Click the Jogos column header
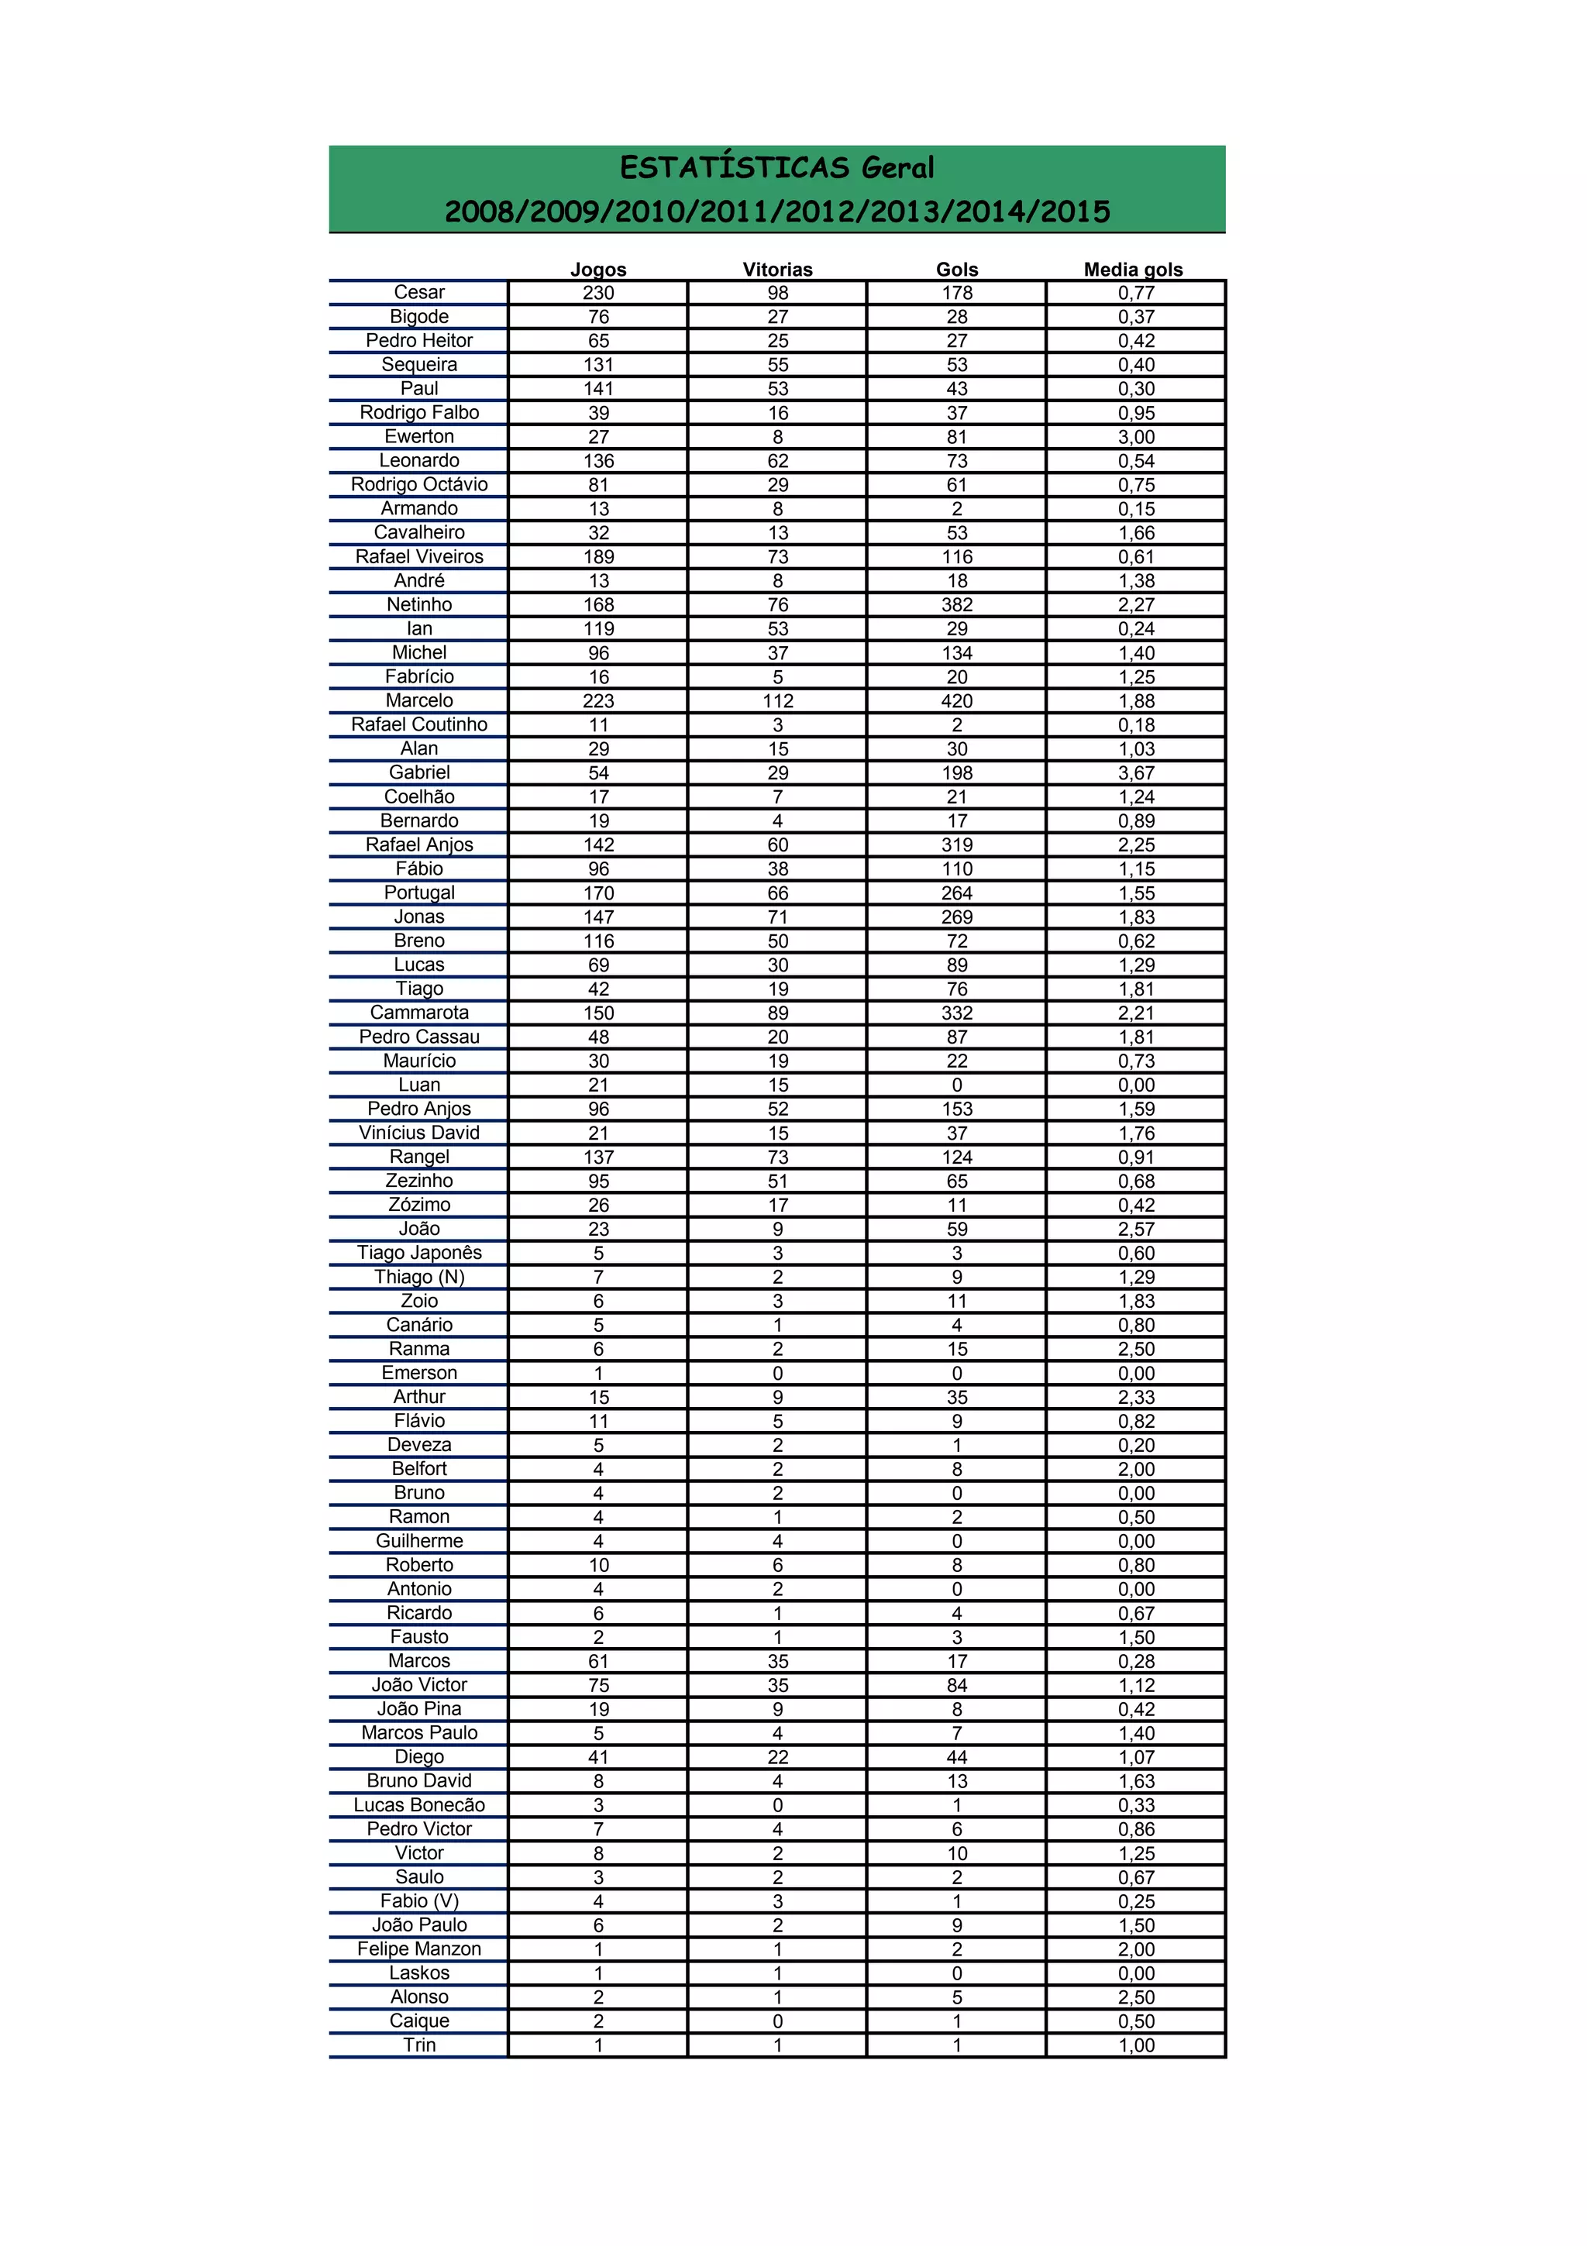(x=597, y=269)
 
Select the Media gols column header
(x=1132, y=269)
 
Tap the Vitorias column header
(x=777, y=269)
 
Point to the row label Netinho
(x=418, y=604)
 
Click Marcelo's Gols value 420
(x=956, y=700)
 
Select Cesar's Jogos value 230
(x=597, y=293)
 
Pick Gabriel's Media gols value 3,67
(x=1136, y=772)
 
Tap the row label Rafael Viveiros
(x=418, y=556)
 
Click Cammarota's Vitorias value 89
(x=777, y=1013)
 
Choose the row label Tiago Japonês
(x=418, y=1252)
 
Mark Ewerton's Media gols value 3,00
(x=1136, y=436)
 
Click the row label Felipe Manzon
(x=418, y=1948)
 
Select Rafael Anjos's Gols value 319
(x=956, y=844)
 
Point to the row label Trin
(x=418, y=2045)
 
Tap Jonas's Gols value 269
(x=956, y=917)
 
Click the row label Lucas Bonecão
(x=418, y=1805)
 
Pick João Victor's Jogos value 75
(x=597, y=1684)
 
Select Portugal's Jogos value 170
(x=597, y=893)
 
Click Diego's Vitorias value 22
(x=777, y=1757)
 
